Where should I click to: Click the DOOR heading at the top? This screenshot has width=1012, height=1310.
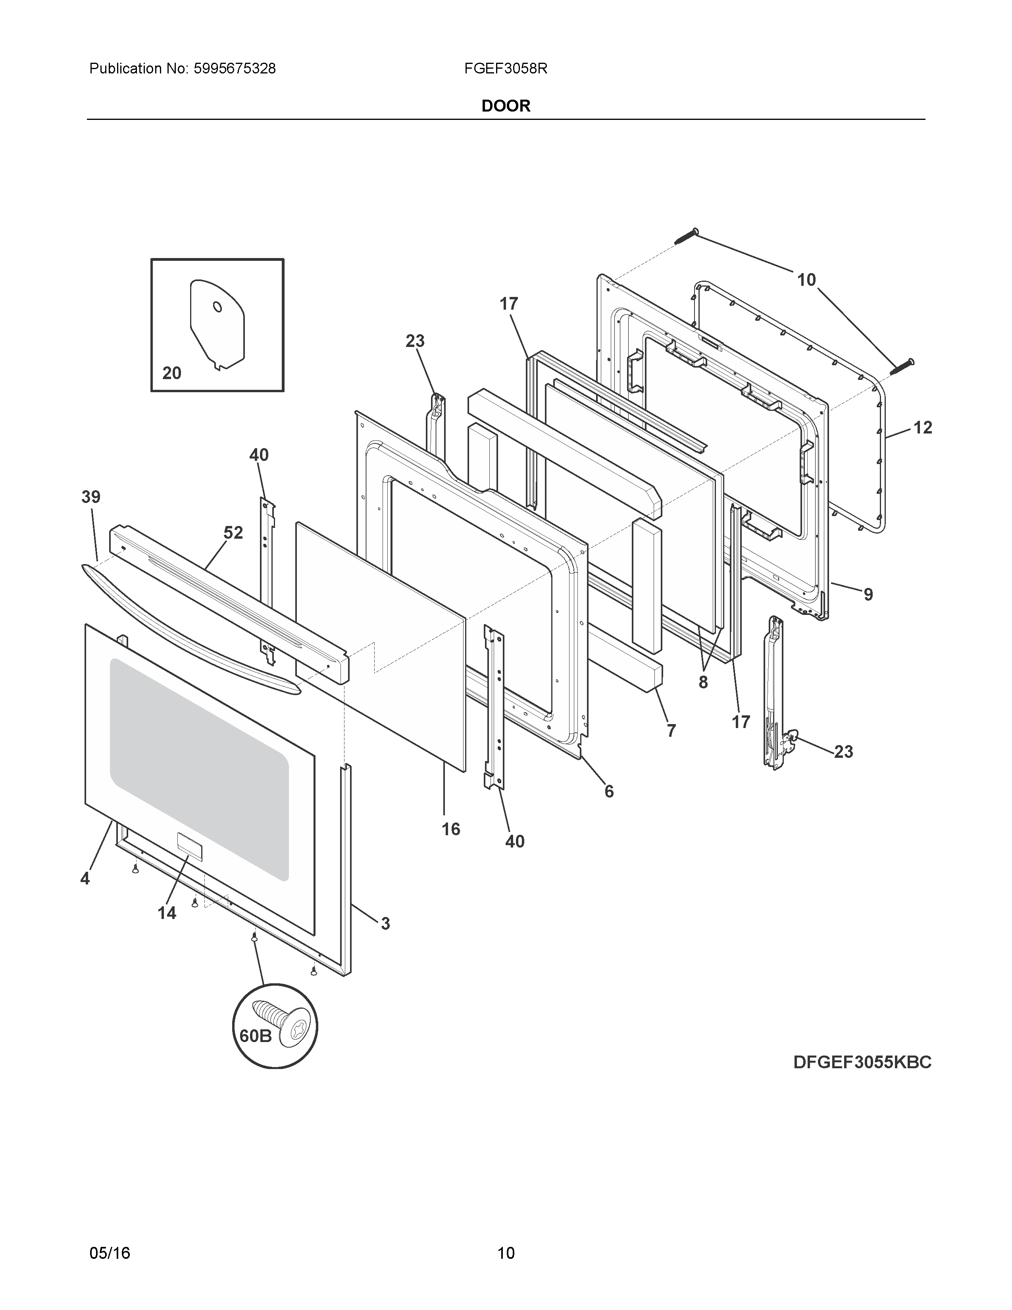(x=505, y=106)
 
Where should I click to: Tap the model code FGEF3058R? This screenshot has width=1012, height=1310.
(x=505, y=69)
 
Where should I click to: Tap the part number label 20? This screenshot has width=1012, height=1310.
(x=171, y=373)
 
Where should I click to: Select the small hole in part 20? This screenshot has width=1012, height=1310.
(x=217, y=307)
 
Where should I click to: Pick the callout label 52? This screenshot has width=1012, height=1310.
(x=233, y=533)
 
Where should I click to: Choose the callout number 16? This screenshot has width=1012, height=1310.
(x=451, y=829)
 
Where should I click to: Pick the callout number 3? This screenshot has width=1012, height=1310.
(x=385, y=924)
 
